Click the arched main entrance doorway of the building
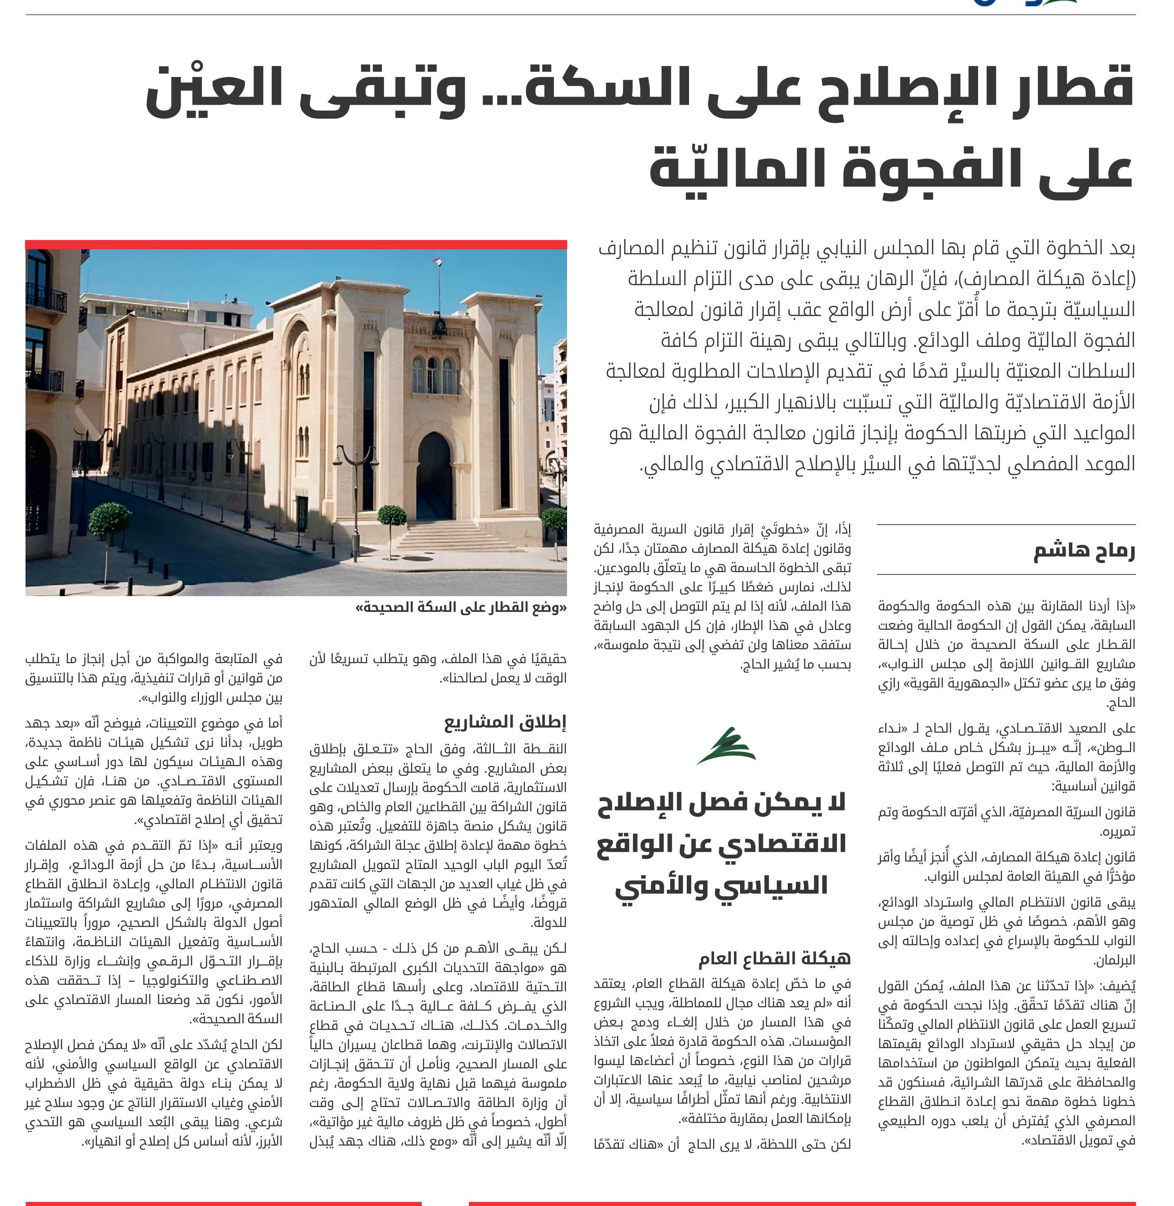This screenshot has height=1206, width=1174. [x=435, y=475]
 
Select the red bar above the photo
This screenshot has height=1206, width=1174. [x=296, y=244]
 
